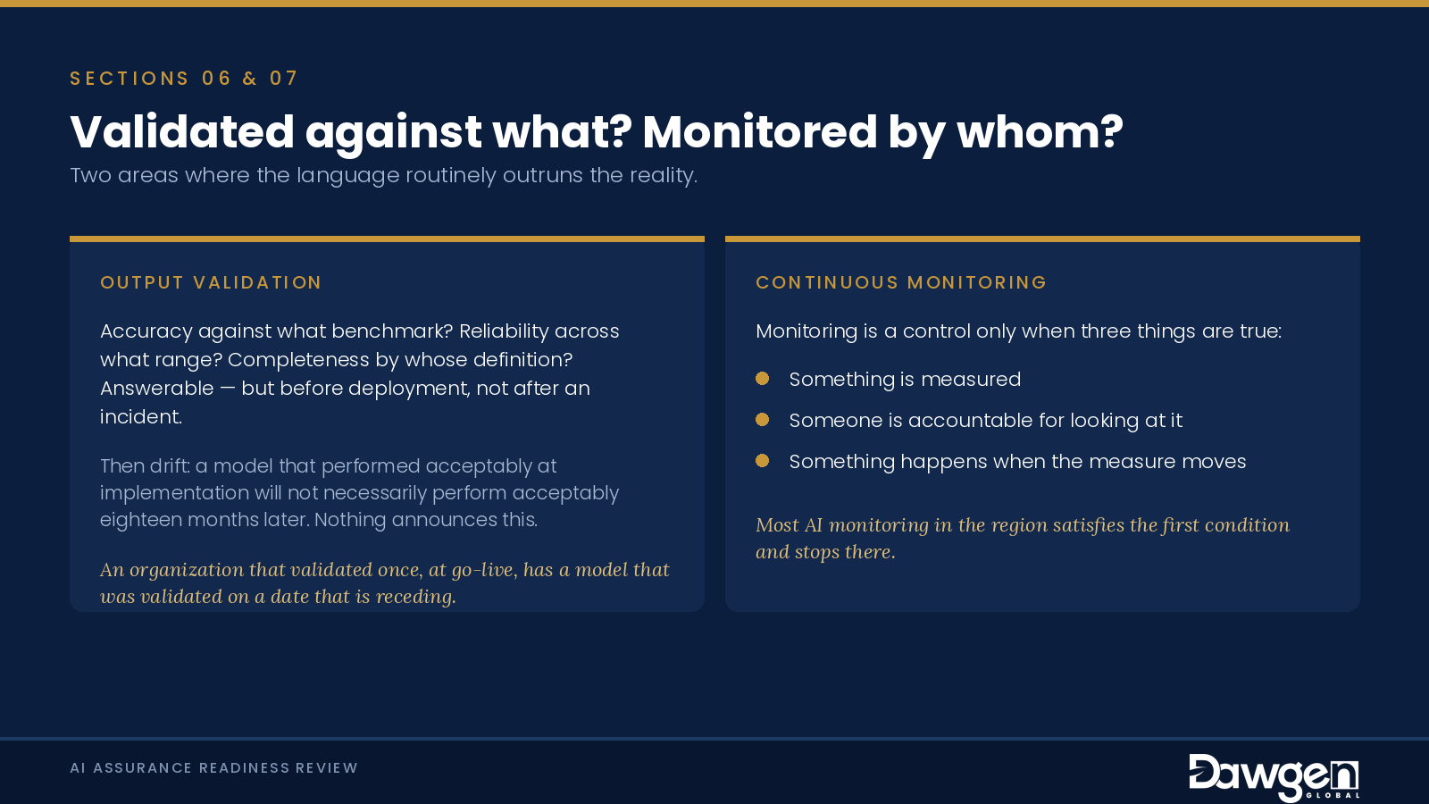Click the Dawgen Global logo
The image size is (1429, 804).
[1274, 777]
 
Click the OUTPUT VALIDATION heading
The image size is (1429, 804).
[211, 282]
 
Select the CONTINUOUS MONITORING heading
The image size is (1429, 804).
[901, 282]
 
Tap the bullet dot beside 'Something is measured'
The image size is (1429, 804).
[763, 379]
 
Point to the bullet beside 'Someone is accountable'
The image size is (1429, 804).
[763, 420]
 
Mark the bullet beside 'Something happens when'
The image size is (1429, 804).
[763, 461]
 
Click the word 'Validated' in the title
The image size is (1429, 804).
[182, 132]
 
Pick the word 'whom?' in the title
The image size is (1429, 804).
[1040, 132]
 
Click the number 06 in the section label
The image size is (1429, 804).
[217, 79]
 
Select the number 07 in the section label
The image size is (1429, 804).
[284, 79]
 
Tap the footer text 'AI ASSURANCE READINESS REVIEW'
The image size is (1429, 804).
[213, 767]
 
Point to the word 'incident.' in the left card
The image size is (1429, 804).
[141, 416]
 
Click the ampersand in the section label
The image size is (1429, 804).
[250, 79]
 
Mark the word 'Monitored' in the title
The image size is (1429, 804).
[760, 132]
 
